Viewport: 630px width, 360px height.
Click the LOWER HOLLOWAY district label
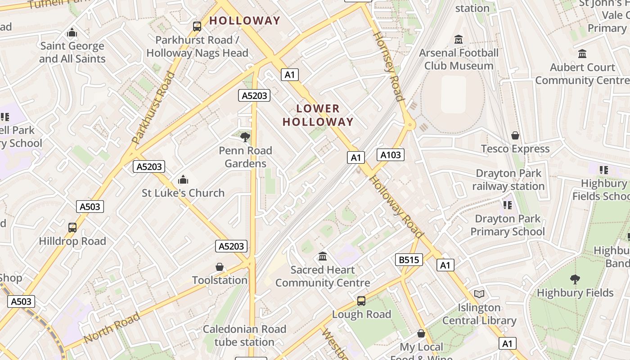pos(318,115)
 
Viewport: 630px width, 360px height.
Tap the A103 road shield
pos(390,155)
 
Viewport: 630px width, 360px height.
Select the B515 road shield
pos(409,260)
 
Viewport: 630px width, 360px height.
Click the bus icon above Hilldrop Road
pos(72,228)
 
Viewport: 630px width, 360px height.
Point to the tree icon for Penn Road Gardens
pos(245,137)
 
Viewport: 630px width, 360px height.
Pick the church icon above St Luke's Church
pos(183,180)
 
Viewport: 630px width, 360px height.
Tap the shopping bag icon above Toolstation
pos(220,267)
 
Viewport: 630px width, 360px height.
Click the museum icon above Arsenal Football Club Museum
pos(459,40)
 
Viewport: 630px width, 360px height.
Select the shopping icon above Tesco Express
pos(515,135)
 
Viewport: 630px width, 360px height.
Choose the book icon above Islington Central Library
pos(480,294)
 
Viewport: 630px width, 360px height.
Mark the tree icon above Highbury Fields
pos(575,279)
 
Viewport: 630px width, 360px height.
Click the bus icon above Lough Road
pos(361,301)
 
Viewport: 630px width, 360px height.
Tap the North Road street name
pos(112,327)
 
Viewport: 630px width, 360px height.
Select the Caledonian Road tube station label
pos(244,336)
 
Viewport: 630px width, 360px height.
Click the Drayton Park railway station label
pos(508,180)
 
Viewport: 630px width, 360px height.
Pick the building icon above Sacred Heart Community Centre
pos(323,256)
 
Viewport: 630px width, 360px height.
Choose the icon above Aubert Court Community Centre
pos(582,54)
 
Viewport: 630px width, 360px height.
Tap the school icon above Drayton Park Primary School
pos(508,205)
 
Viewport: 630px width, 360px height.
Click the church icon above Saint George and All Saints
pos(72,33)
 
